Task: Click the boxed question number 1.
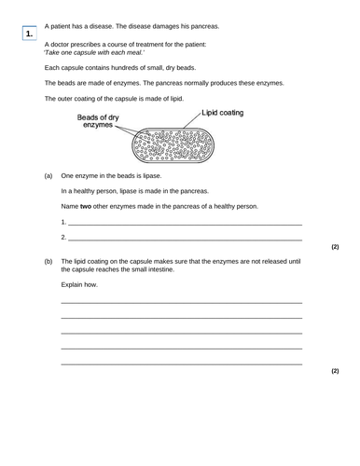coord(30,34)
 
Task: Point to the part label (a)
coord(48,175)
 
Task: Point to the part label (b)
coord(48,262)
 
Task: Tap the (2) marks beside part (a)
coord(335,247)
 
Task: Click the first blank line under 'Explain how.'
coord(181,303)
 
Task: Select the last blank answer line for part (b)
coord(181,363)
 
